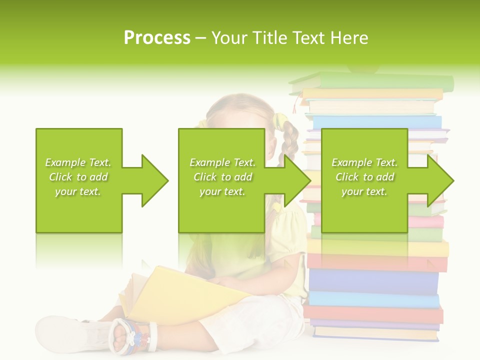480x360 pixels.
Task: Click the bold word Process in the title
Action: point(157,38)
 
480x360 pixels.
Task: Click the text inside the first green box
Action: point(78,177)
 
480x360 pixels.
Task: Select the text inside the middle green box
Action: point(222,177)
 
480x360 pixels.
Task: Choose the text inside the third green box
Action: point(364,177)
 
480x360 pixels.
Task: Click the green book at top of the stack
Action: point(380,81)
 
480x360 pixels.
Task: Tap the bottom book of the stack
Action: point(375,333)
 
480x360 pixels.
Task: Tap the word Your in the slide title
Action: point(230,38)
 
